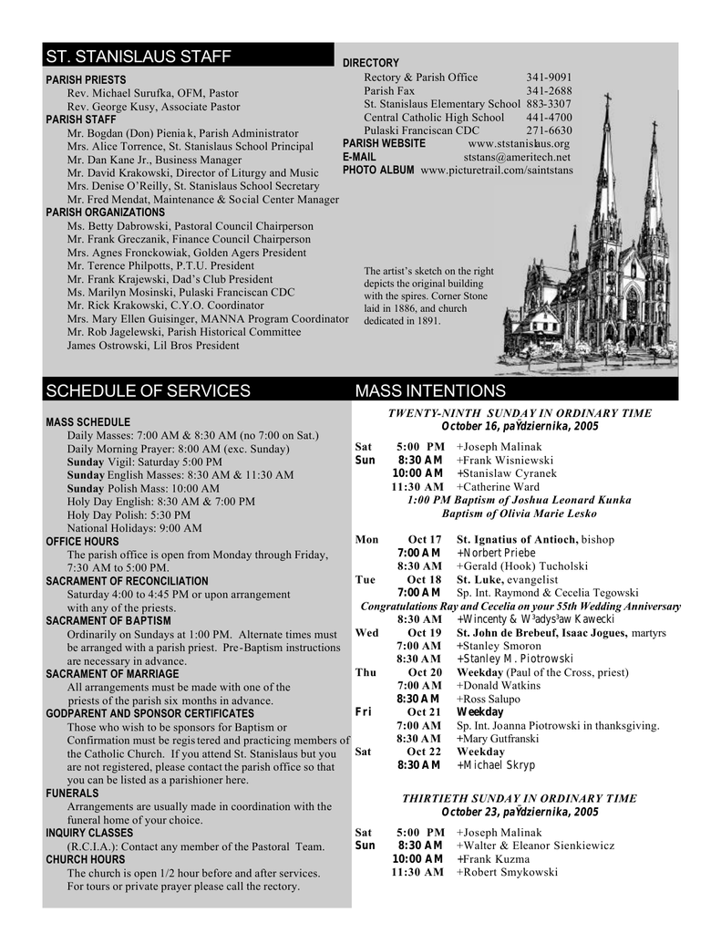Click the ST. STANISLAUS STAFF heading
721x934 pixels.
coord(138,57)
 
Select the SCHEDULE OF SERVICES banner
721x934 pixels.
coord(148,391)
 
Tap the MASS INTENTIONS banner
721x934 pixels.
coord(429,391)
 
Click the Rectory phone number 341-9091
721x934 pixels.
coord(549,78)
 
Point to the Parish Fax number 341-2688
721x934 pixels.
coord(549,91)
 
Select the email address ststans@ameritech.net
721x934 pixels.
coord(516,157)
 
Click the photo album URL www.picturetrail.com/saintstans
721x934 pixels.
coord(497,171)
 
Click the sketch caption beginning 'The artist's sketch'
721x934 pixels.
coord(428,296)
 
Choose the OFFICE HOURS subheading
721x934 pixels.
coord(82,541)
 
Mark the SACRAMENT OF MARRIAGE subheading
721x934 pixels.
coord(112,673)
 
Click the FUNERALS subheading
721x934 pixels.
coord(72,794)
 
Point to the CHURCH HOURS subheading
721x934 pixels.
coord(86,859)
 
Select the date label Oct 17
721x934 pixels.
coord(424,539)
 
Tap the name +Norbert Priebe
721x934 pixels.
coord(496,553)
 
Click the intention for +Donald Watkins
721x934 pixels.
coord(500,685)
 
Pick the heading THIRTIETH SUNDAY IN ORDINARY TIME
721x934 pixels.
coord(520,798)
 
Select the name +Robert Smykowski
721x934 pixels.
coord(507,872)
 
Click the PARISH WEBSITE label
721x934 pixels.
coord(384,143)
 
